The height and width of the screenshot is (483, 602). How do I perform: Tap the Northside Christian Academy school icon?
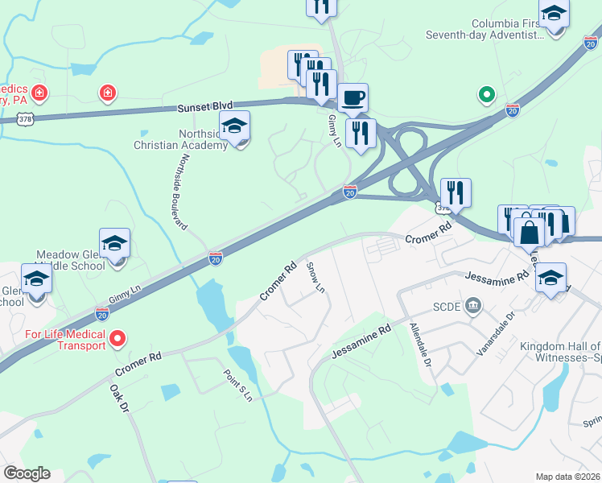[234, 126]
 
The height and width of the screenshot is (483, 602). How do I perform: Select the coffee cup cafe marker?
[353, 99]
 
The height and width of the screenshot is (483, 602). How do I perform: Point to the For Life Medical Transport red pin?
[118, 339]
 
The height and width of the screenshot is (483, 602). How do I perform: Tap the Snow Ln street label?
[315, 276]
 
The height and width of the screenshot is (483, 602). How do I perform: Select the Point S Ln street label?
[237, 385]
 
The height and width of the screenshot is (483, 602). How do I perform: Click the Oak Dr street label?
[119, 398]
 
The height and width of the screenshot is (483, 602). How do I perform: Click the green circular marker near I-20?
[486, 95]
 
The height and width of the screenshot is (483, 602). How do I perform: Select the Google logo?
[27, 473]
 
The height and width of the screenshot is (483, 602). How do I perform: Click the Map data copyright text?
[567, 477]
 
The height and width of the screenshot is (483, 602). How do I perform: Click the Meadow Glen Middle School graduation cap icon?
[115, 244]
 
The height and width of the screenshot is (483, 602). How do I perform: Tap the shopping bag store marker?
[530, 232]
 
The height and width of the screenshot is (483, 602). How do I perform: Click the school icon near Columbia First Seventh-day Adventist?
[554, 14]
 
